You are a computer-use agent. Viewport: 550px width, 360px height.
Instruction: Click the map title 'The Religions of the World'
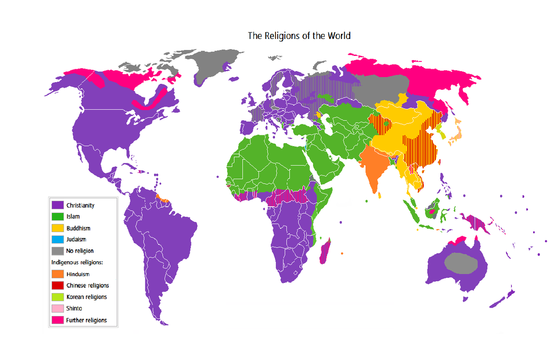[299, 36]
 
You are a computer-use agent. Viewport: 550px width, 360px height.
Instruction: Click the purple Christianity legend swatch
[57, 205]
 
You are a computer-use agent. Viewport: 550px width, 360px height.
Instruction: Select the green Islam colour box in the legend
[57, 216]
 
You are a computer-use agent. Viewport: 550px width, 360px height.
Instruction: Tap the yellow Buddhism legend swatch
[57, 228]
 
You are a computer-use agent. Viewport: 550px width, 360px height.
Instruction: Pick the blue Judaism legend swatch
[57, 239]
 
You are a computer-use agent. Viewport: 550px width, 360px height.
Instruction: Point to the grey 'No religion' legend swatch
[57, 251]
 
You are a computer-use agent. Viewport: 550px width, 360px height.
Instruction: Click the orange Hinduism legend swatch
[57, 274]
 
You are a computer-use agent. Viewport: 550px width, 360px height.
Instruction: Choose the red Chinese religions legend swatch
[57, 286]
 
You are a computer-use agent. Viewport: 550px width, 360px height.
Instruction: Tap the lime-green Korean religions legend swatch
[57, 297]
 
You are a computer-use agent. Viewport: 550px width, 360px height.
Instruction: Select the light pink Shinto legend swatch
[57, 309]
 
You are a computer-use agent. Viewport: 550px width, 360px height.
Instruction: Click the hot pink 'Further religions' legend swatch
[57, 320]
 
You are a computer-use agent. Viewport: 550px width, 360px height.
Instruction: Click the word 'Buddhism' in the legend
[78, 228]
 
